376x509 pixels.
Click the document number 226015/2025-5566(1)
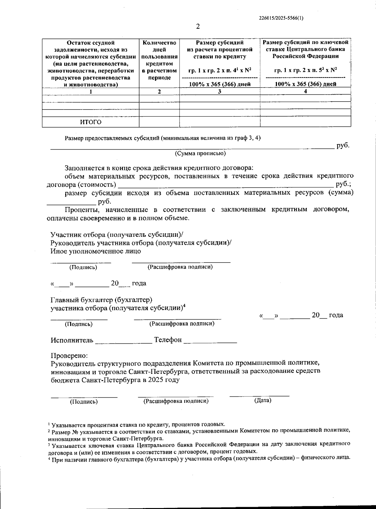pyautogui.click(x=281, y=18)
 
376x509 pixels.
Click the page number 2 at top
pyautogui.click(x=198, y=26)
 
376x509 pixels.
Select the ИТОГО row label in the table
pyautogui.click(x=91, y=122)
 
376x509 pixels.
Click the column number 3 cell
pyautogui.click(x=220, y=91)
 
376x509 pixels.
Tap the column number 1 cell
pyautogui.click(x=91, y=92)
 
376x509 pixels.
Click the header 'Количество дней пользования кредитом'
pyautogui.click(x=159, y=60)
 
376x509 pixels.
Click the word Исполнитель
pyautogui.click(x=72, y=340)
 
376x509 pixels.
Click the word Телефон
pyautogui.click(x=168, y=340)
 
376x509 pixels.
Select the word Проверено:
pyautogui.click(x=69, y=355)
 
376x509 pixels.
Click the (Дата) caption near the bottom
pyautogui.click(x=263, y=400)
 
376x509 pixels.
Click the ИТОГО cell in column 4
pyautogui.click(x=305, y=122)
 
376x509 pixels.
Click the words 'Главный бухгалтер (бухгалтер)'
pyautogui.click(x=102, y=300)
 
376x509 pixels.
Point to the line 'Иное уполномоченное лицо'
pyautogui.click(x=96, y=251)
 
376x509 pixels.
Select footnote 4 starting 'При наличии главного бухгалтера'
pyautogui.click(x=199, y=458)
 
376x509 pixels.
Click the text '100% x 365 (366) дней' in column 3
pyautogui.click(x=220, y=84)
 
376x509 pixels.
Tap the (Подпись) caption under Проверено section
pyautogui.click(x=84, y=401)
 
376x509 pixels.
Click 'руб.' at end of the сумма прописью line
pyautogui.click(x=342, y=145)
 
